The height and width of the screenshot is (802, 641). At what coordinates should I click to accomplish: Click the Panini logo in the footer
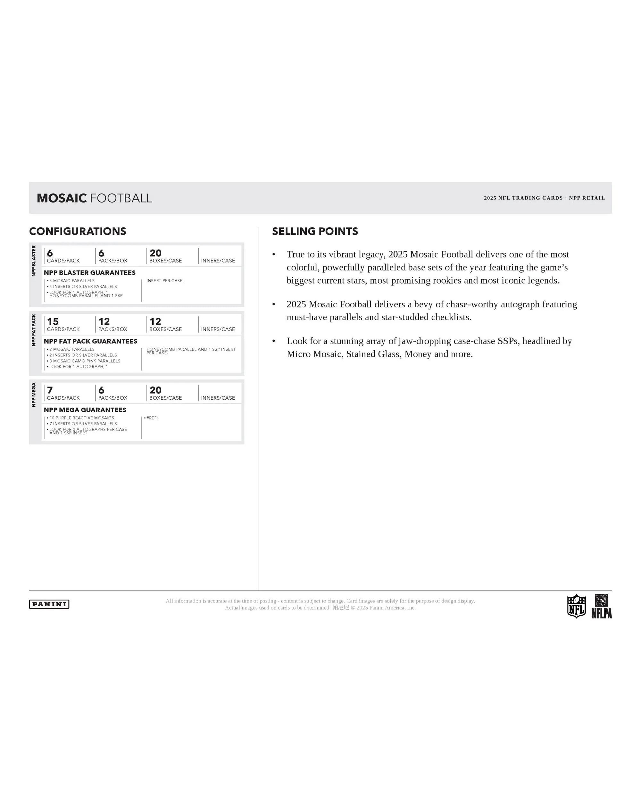(x=49, y=604)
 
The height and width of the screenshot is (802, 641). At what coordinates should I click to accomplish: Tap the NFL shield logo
(x=576, y=606)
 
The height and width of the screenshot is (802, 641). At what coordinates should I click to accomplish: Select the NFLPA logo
(x=601, y=606)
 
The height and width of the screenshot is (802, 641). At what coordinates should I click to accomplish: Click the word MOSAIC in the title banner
(x=62, y=198)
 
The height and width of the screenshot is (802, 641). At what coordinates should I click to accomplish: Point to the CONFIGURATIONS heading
(x=78, y=231)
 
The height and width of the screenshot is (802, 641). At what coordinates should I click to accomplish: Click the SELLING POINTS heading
(x=315, y=231)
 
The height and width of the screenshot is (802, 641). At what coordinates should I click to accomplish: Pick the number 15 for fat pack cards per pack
(x=53, y=321)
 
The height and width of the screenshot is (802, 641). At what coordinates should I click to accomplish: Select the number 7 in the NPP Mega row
(x=50, y=390)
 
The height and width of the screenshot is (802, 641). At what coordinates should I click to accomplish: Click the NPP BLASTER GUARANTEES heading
(x=89, y=273)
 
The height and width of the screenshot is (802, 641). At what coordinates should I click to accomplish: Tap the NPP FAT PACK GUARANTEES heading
(x=90, y=341)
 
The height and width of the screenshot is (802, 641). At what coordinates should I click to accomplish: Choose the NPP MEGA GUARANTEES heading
(x=85, y=410)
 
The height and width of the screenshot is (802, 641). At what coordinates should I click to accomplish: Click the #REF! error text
(x=152, y=418)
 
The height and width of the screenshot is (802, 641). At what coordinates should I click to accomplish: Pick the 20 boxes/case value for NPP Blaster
(x=155, y=253)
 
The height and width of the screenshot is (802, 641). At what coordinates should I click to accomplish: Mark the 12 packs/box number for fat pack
(x=104, y=321)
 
